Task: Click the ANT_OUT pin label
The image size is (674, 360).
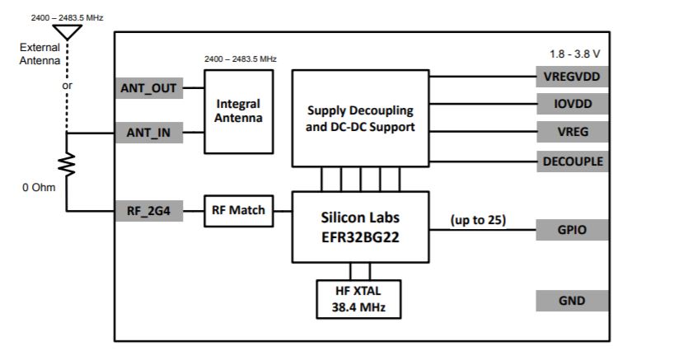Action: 148,88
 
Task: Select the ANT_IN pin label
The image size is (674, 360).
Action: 148,132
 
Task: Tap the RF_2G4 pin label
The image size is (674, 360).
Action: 148,211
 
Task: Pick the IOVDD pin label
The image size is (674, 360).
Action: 573,104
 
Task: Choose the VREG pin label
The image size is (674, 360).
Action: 573,132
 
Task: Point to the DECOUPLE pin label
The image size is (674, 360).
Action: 573,161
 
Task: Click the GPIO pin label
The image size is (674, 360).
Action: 573,229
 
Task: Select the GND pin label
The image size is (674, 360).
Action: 573,301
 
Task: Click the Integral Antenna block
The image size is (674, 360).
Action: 238,111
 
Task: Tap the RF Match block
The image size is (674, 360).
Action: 239,210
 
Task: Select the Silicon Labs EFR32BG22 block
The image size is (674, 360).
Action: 360,227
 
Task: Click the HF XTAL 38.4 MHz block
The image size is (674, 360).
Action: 360,299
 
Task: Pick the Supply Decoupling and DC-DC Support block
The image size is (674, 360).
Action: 360,120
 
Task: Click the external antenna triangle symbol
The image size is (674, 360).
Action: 67,32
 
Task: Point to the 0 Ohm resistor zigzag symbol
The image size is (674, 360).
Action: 67,165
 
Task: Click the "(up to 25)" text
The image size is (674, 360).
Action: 478,220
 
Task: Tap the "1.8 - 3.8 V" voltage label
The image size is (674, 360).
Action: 574,54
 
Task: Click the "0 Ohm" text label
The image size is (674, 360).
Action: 39,187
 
